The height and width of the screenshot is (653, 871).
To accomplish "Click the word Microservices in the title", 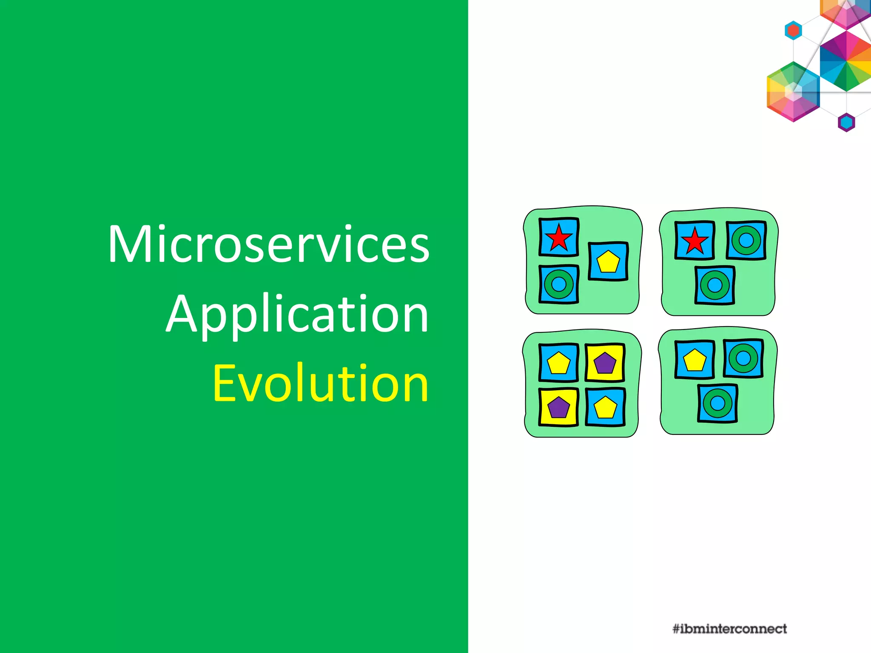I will (269, 245).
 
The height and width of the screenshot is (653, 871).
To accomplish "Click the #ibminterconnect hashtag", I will (729, 629).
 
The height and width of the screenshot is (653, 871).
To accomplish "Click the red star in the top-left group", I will (558, 238).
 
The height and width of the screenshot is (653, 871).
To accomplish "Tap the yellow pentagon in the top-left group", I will (608, 262).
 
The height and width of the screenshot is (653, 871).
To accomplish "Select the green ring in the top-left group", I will (559, 284).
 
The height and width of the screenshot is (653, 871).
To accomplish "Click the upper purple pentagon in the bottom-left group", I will (604, 363).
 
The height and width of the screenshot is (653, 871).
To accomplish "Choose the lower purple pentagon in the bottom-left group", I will (558, 407).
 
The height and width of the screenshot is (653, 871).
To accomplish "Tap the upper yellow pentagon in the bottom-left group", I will (558, 363).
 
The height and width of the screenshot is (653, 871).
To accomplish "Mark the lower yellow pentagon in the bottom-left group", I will (605, 407).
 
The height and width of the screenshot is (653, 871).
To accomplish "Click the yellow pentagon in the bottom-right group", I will (695, 360).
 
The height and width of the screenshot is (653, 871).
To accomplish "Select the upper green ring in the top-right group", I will (746, 240).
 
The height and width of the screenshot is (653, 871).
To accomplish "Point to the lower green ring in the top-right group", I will (715, 285).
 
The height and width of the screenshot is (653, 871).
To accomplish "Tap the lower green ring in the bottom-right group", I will (717, 403).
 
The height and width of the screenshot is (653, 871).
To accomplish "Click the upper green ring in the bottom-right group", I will (743, 358).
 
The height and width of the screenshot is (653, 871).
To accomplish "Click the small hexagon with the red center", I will (793, 31).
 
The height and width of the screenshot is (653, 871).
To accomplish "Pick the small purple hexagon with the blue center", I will (846, 122).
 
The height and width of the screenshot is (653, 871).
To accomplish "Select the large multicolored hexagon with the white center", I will (793, 91).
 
